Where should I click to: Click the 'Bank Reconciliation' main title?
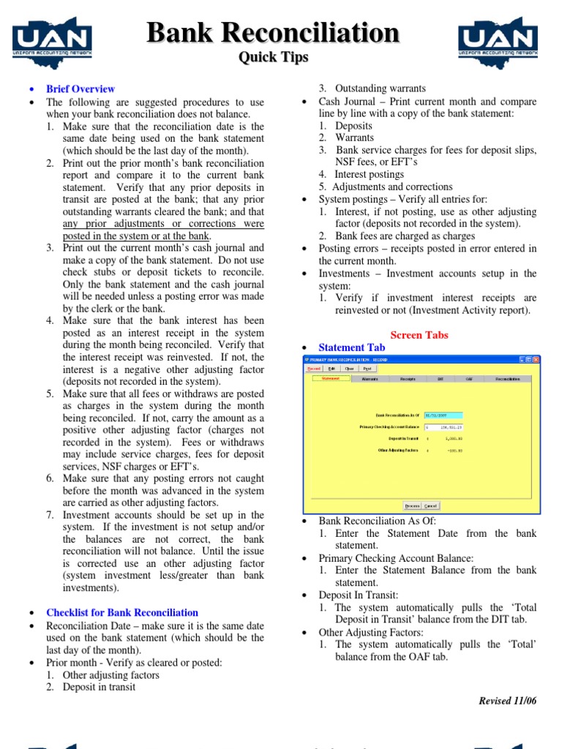tap(274, 33)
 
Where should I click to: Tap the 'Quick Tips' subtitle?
tap(274, 57)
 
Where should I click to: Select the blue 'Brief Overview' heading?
tap(80, 89)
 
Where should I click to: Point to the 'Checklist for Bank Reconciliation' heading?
tap(122, 612)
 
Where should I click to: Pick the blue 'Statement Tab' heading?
tap(351, 347)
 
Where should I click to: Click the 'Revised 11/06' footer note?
tap(507, 700)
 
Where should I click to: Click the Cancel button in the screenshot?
tap(431, 505)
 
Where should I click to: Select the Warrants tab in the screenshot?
tap(370, 379)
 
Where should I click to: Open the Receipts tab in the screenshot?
tap(408, 379)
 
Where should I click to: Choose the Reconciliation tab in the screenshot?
tap(507, 379)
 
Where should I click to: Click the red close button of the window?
tap(536, 360)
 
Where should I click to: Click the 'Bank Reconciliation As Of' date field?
tap(443, 415)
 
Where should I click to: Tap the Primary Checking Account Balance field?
tap(443, 427)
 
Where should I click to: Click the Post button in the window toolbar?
tap(368, 369)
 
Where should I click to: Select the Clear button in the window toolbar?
tap(350, 369)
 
